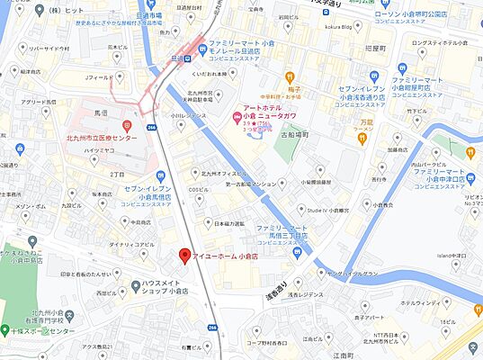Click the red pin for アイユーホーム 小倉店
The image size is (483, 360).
coord(184,256)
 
